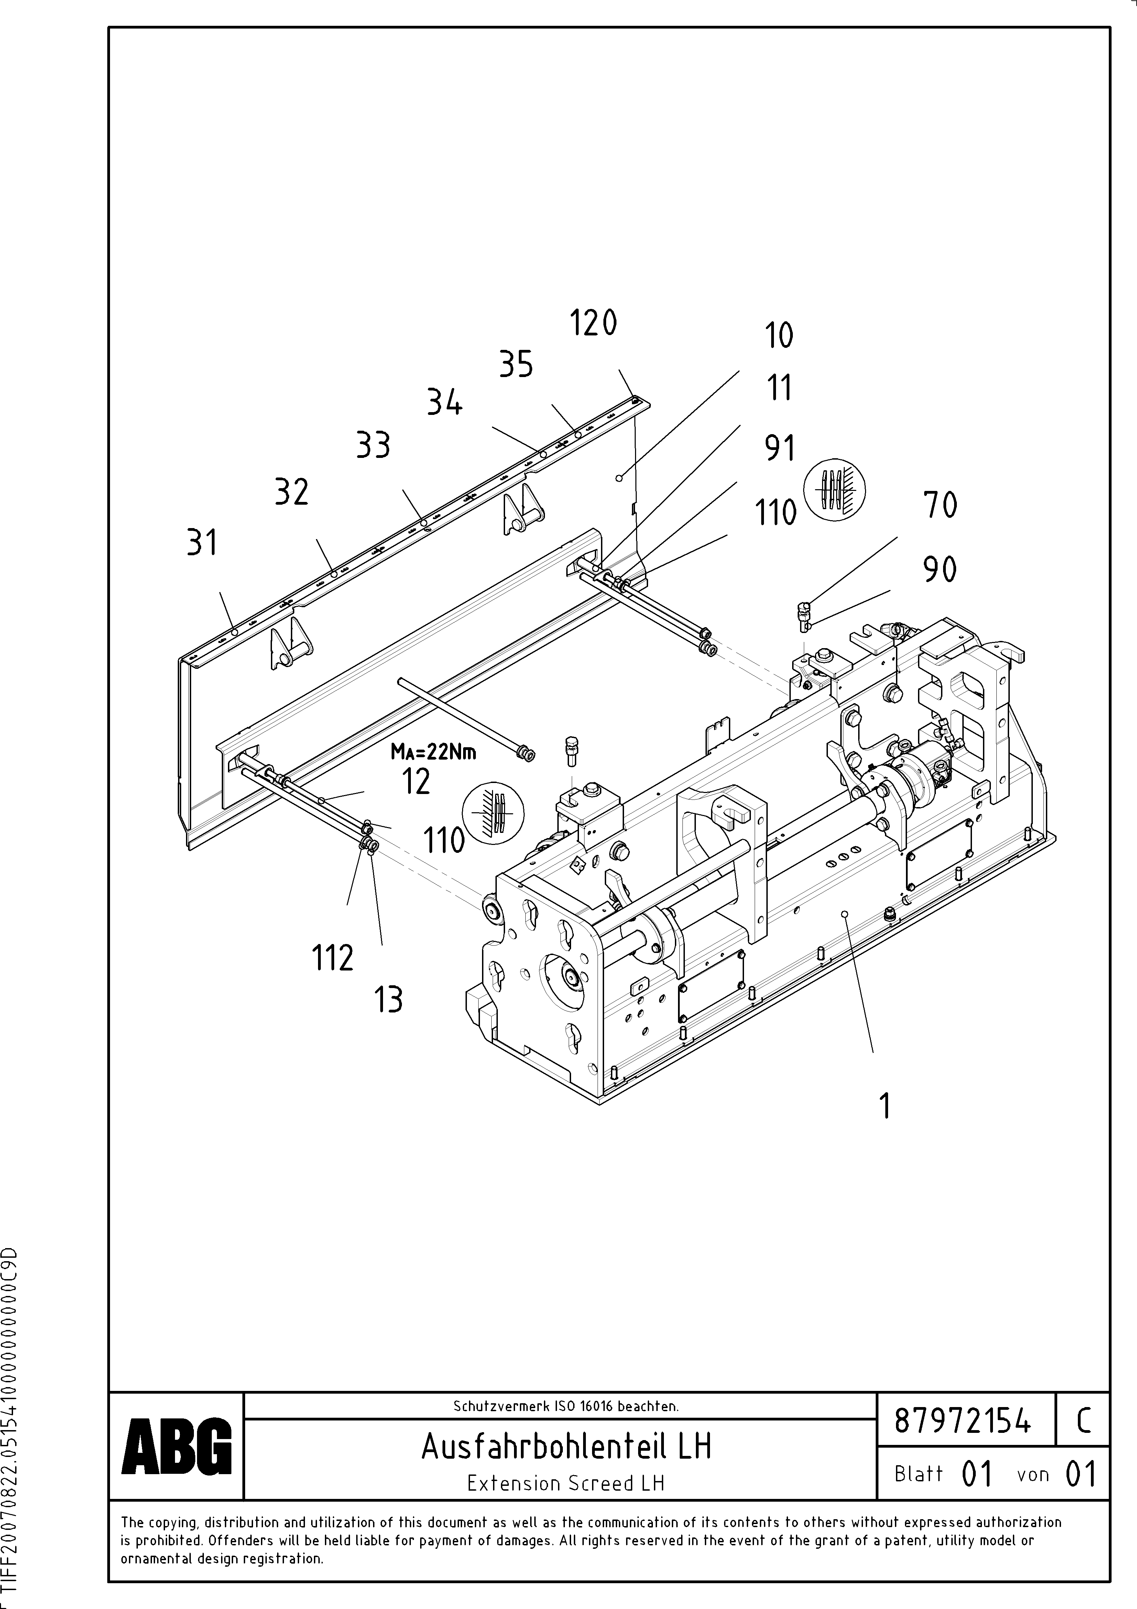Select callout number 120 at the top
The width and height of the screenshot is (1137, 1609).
[593, 324]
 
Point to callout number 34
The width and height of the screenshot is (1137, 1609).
[445, 403]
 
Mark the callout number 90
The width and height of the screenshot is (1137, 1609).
[939, 569]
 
